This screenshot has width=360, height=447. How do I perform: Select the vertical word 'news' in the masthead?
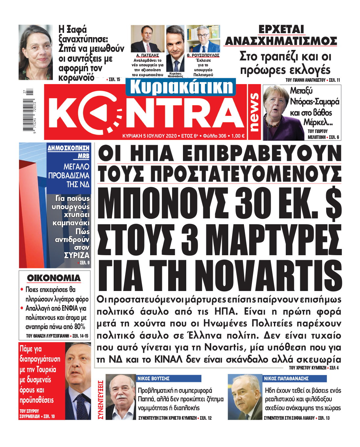click(x=254, y=112)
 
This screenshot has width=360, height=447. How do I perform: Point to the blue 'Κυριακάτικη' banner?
click(x=181, y=87)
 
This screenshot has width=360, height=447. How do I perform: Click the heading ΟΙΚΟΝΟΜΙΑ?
click(x=54, y=278)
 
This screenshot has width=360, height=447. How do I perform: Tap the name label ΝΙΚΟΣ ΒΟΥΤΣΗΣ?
click(x=153, y=378)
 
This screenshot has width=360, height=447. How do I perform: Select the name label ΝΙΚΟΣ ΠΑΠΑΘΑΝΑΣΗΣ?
click(x=286, y=378)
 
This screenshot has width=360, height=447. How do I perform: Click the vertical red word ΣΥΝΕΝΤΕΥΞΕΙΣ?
click(x=101, y=399)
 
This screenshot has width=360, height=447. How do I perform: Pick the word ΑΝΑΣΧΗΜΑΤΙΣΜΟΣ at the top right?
click(x=281, y=41)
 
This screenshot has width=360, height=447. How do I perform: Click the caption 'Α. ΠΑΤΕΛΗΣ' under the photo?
click(x=147, y=56)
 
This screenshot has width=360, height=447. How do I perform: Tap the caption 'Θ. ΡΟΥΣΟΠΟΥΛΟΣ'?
click(x=203, y=56)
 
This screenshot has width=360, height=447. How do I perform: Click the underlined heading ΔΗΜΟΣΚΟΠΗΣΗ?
click(x=68, y=148)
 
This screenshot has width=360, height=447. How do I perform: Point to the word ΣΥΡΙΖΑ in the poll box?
click(x=77, y=255)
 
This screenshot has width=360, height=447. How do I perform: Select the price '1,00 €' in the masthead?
click(x=238, y=136)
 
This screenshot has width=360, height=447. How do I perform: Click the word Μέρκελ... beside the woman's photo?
click(x=318, y=123)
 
